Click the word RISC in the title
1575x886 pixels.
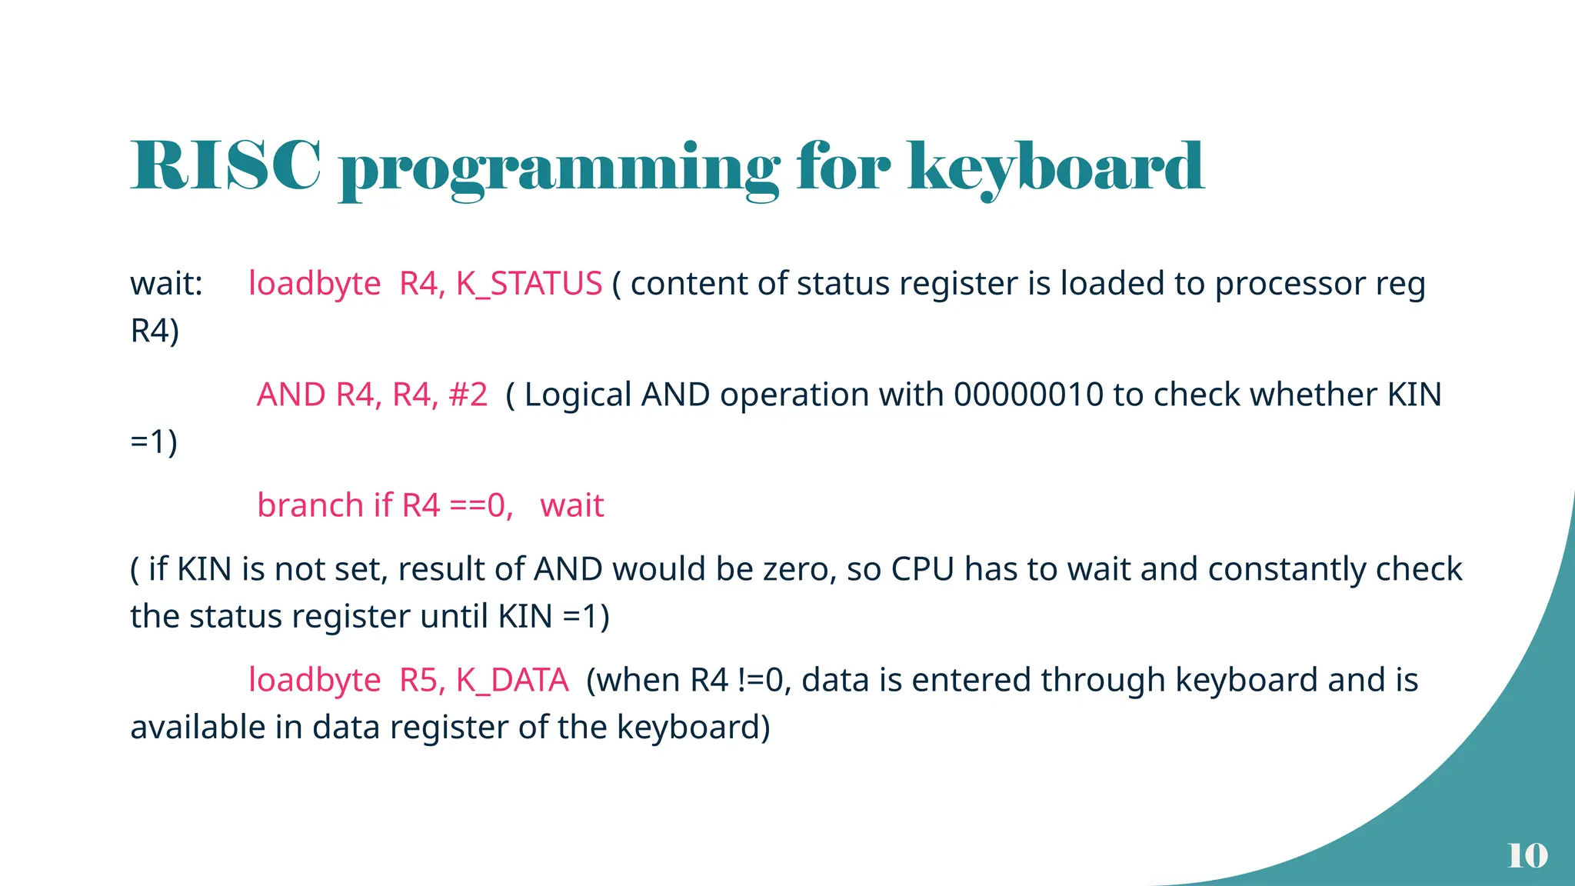225,165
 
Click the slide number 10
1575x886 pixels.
1527,855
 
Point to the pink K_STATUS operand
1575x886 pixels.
528,284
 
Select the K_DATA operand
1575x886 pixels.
511,680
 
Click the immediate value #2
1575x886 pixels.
468,395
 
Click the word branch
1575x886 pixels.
310,505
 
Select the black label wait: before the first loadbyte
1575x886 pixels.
166,284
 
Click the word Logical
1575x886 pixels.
578,395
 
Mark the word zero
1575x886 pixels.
799,569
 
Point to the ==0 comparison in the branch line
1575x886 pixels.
480,506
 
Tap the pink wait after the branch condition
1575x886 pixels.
571,505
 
